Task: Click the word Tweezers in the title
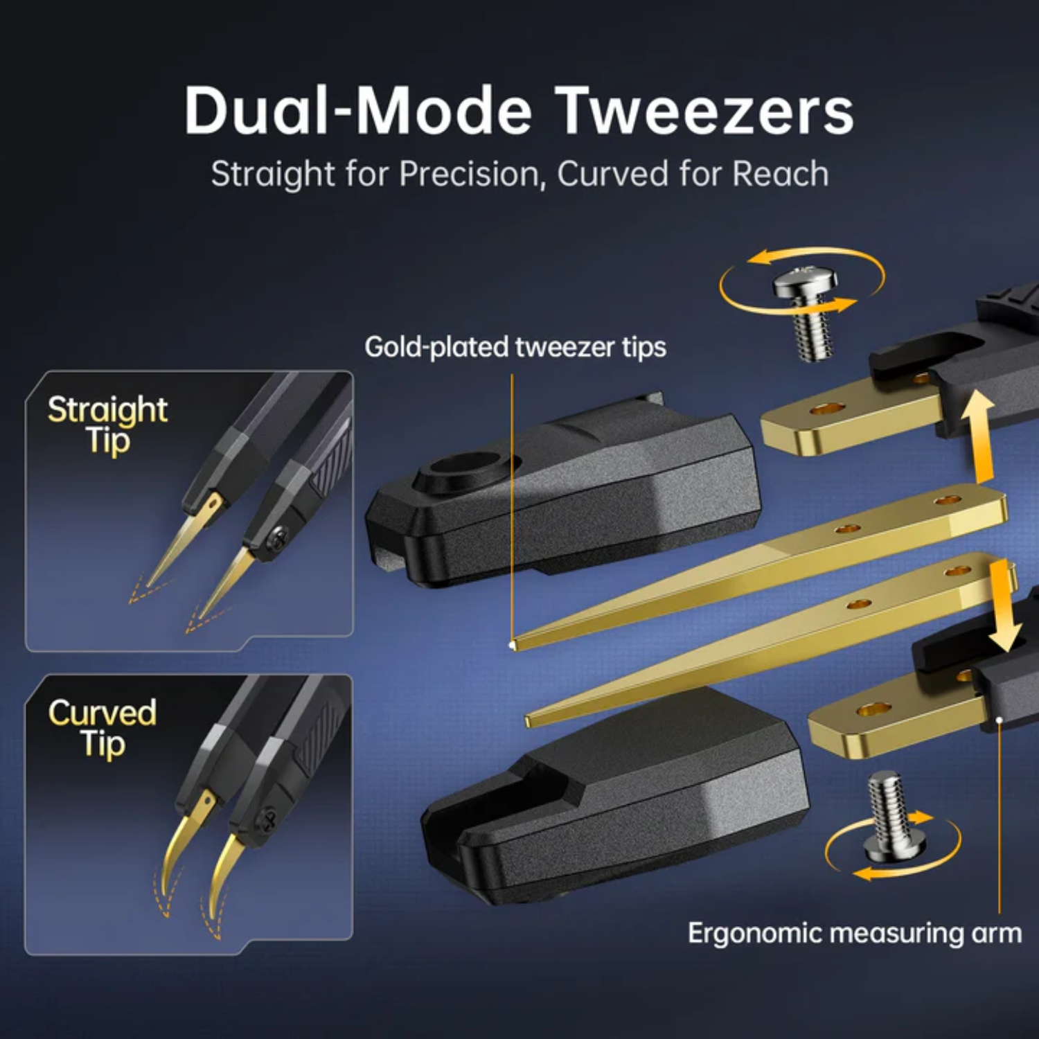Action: click(x=706, y=111)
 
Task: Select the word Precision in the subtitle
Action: click(x=470, y=174)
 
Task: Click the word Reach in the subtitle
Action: click(x=781, y=174)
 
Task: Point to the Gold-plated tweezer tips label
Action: click(x=515, y=347)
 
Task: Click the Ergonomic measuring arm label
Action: click(x=855, y=934)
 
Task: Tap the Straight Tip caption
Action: click(x=108, y=425)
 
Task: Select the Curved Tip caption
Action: click(x=103, y=729)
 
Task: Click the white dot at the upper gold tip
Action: click(x=512, y=646)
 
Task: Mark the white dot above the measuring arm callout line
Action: click(x=1000, y=720)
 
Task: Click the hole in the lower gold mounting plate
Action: click(x=874, y=709)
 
